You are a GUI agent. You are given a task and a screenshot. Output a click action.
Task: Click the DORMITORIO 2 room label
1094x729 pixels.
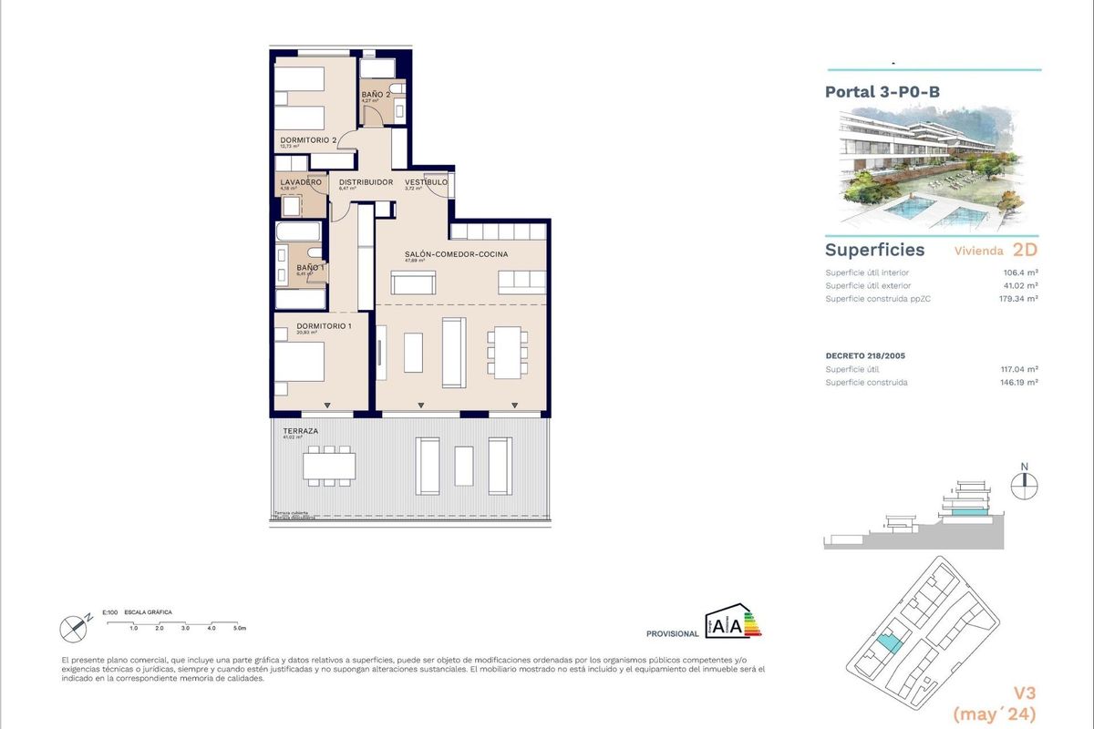pos(308,139)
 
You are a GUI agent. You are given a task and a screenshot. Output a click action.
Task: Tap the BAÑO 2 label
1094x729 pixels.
pos(376,95)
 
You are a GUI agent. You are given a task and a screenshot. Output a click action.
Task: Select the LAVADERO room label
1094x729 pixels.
pos(300,182)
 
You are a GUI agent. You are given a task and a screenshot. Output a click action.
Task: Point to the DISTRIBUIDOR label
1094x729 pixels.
pos(366,182)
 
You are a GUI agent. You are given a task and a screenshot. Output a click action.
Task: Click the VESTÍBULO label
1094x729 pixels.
pos(427,182)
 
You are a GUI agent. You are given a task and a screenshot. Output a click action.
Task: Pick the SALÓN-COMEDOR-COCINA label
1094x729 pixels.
pos(456,254)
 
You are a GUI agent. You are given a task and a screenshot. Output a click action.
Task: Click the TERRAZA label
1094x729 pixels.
pos(299,430)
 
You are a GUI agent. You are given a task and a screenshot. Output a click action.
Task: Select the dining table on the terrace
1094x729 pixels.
pos(329,466)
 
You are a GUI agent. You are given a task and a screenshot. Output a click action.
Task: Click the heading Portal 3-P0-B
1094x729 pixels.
pos(882,92)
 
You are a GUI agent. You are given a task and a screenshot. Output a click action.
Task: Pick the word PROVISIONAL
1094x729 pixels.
pos(672,633)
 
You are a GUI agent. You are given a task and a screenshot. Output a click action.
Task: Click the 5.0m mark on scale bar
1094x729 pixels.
pos(239,629)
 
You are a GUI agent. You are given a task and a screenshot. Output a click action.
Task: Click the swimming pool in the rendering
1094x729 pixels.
pos(921,211)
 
